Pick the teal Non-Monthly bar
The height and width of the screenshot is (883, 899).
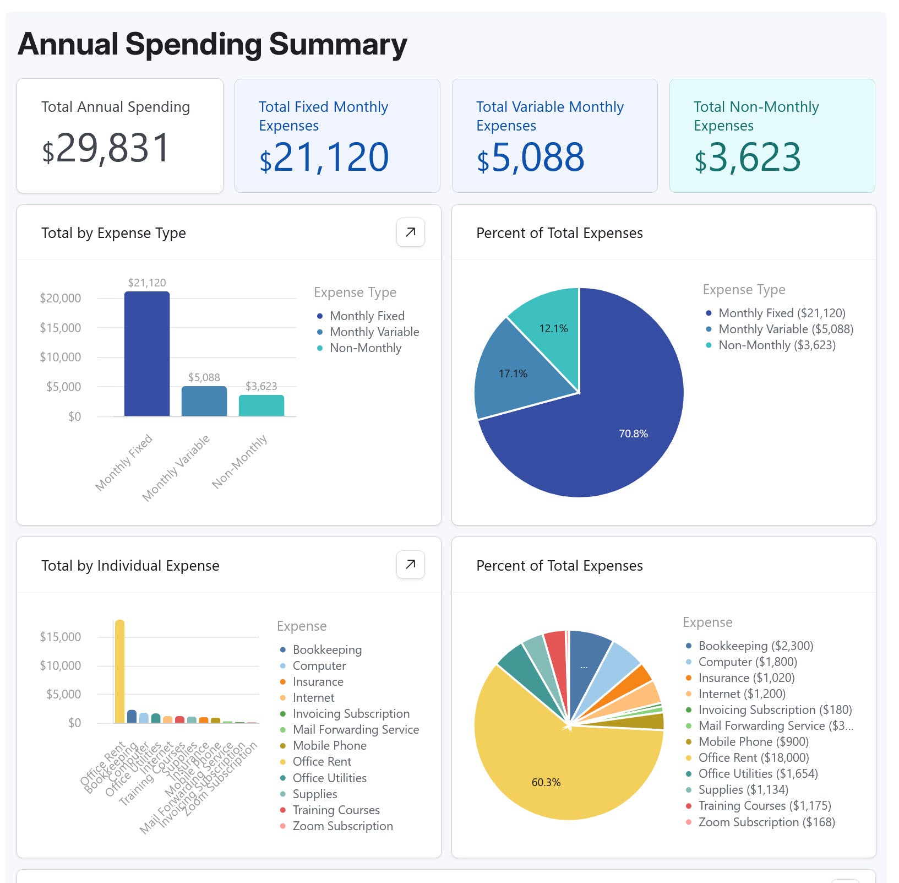[261, 405]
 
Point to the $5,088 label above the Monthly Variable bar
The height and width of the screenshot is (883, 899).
[204, 377]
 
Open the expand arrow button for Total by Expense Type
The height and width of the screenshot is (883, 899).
[410, 232]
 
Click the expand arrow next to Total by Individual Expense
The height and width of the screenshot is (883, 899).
[410, 565]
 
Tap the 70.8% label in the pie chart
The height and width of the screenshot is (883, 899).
[633, 434]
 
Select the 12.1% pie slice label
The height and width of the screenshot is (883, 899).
[553, 328]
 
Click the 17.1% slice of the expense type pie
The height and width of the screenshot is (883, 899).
[513, 373]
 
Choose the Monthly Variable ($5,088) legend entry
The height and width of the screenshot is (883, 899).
[786, 329]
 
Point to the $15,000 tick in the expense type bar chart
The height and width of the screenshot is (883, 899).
[60, 328]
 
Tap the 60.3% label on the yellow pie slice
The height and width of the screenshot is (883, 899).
[546, 782]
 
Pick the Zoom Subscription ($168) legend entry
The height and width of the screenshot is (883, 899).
[766, 822]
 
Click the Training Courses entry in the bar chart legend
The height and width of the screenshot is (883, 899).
[336, 810]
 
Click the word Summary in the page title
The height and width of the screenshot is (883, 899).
[338, 45]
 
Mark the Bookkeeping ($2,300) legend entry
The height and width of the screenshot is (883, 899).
[755, 646]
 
